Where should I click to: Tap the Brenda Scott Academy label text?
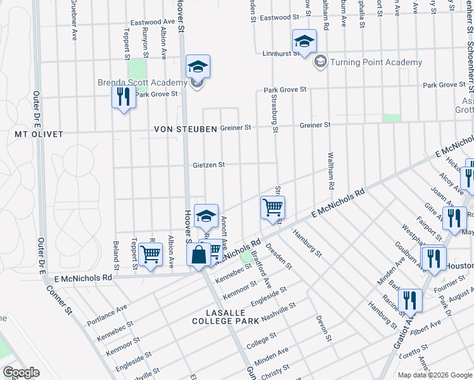tap(143, 82)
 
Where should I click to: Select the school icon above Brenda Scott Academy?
tap(198, 66)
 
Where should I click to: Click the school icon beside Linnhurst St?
tap(304, 42)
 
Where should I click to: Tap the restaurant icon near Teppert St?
tap(123, 97)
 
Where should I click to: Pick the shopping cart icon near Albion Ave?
tap(150, 255)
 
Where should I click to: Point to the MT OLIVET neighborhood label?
tap(39, 134)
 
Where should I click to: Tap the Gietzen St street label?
tap(209, 165)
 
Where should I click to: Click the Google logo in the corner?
tap(21, 372)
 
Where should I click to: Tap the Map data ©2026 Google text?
tap(435, 375)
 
